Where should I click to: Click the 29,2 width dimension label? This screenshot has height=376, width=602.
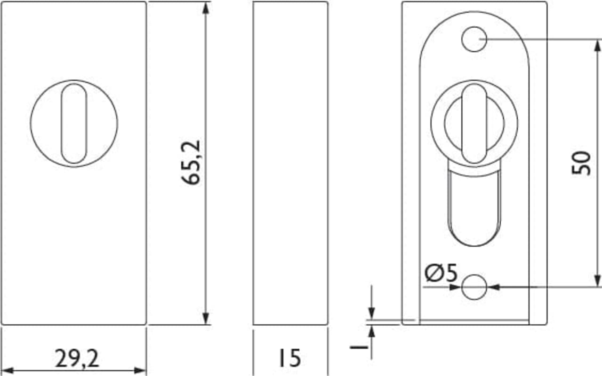point(77,359)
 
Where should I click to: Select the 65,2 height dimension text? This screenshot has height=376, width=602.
point(191,163)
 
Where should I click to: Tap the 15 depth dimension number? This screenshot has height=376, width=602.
point(290,358)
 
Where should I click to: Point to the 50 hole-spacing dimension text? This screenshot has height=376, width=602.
point(581,163)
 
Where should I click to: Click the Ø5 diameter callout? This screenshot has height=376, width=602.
point(441,273)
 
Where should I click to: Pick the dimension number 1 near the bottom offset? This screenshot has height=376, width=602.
point(359,347)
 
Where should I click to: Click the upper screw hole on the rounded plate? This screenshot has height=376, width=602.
point(474,39)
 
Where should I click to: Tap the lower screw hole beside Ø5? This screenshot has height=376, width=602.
point(474,287)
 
